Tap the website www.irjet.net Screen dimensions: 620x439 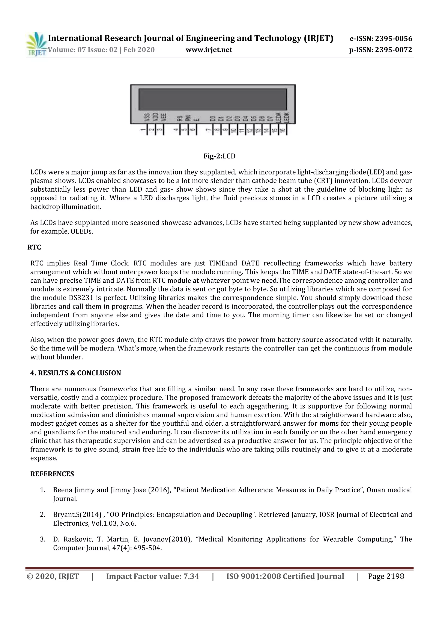209,50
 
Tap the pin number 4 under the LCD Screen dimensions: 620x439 176,130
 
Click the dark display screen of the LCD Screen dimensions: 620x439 212,99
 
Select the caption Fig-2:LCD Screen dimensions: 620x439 219,156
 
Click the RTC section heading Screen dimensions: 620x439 34,247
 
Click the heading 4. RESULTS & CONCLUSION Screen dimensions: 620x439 75,373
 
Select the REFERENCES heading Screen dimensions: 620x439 52,474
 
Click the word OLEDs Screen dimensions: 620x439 82,232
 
